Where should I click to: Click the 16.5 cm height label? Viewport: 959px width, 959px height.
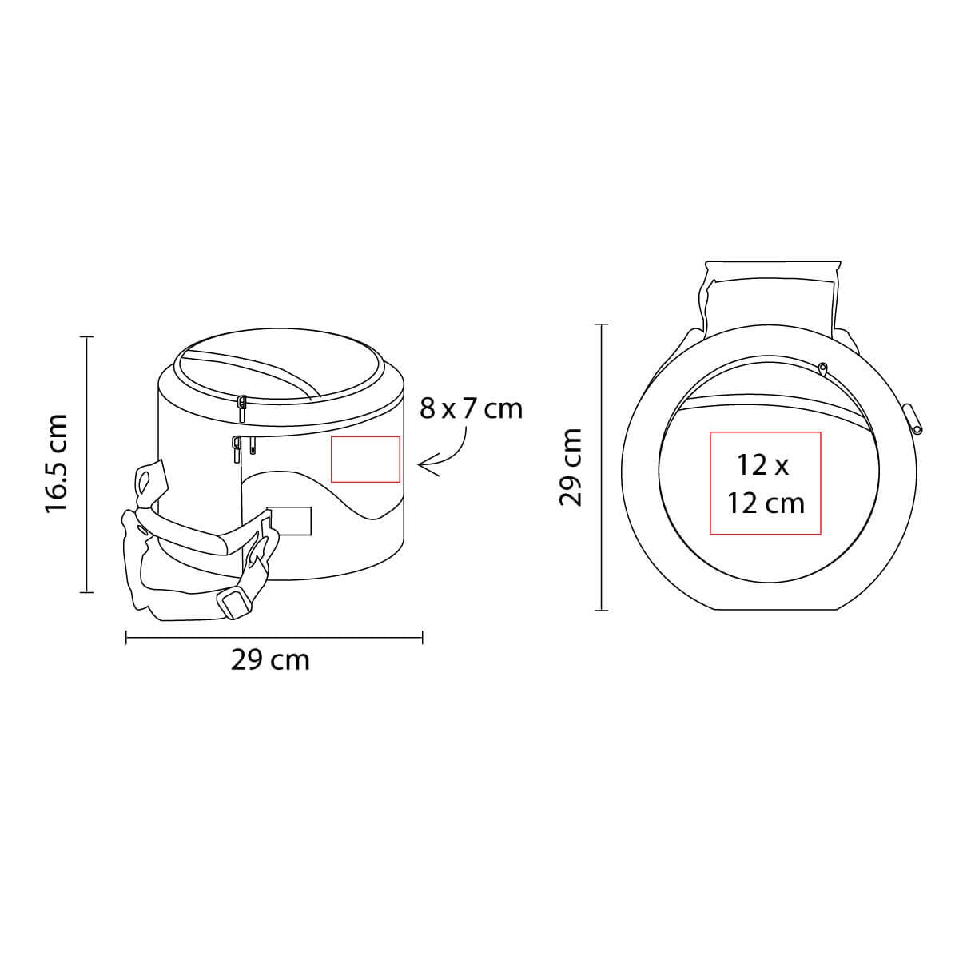tap(55, 464)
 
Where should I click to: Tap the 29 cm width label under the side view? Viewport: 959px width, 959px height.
tap(270, 660)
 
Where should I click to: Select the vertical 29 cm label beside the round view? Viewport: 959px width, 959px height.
tap(570, 467)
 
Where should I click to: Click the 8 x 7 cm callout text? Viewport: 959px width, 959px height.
tap(471, 409)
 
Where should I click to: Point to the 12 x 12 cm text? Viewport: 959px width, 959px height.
tap(766, 484)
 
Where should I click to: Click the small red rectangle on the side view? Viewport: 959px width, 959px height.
tap(365, 459)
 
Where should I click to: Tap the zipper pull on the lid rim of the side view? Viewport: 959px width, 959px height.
tap(242, 409)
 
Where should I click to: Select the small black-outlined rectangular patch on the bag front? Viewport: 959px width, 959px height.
tap(289, 521)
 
